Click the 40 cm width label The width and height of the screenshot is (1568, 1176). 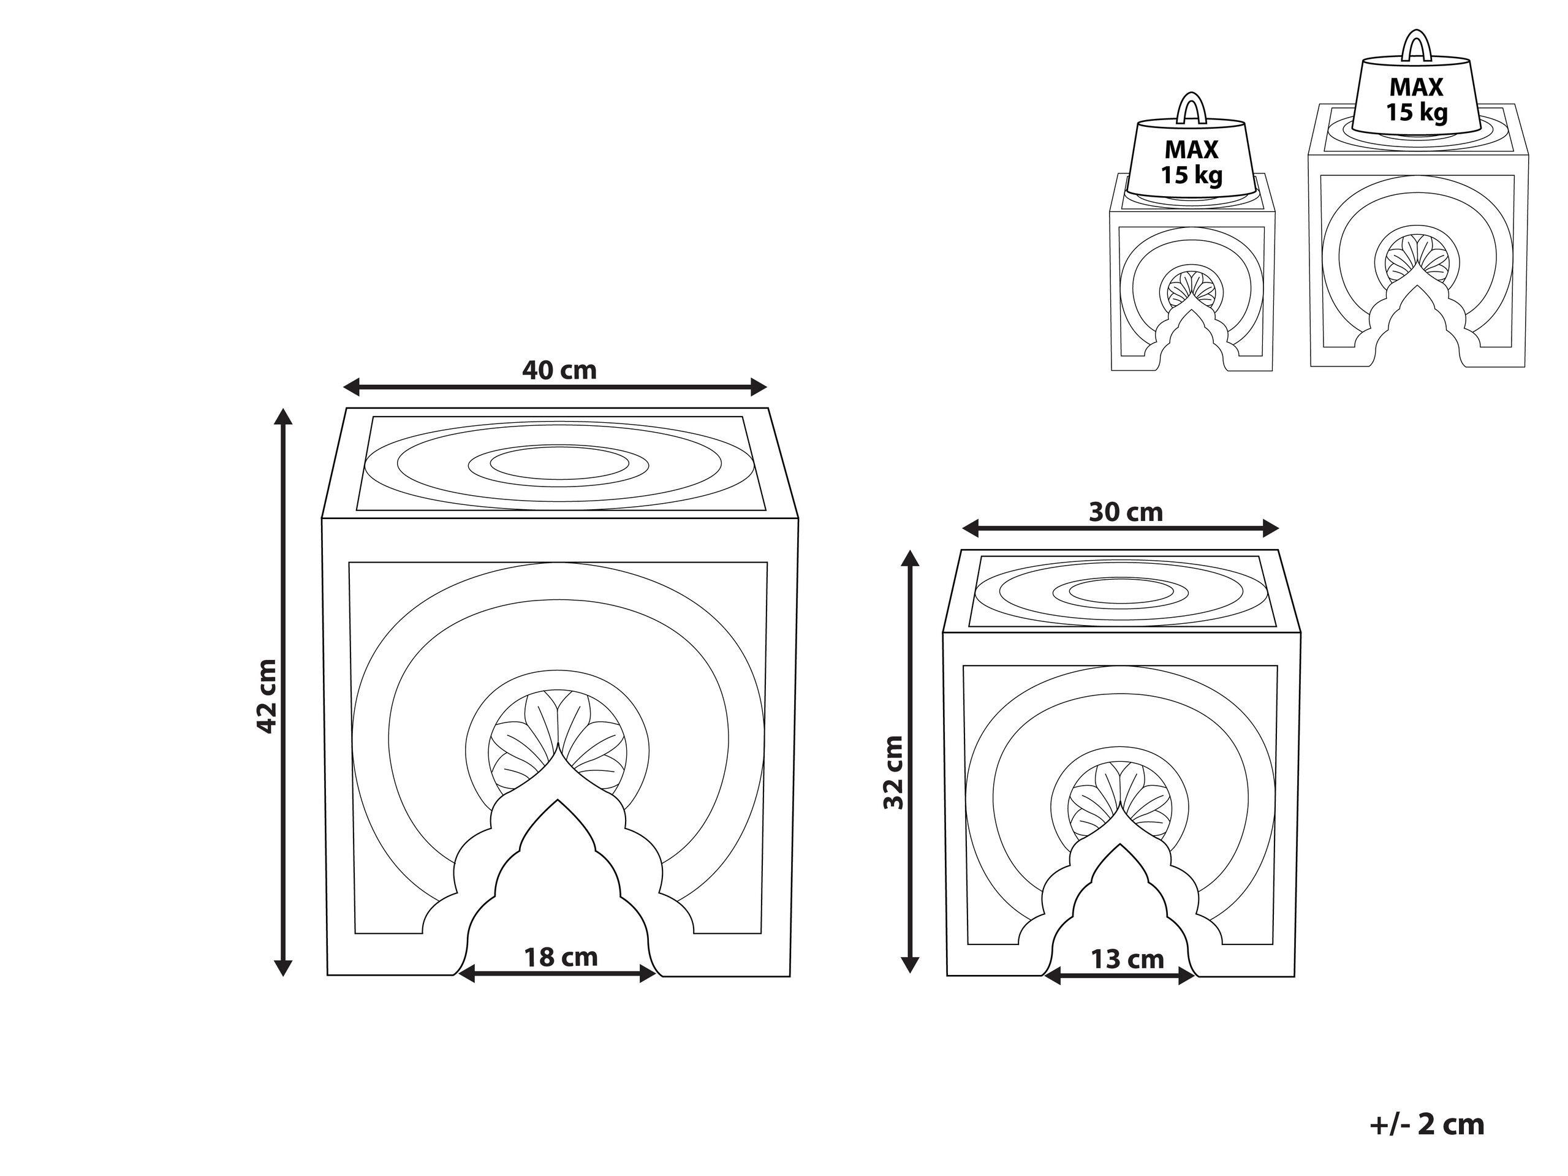click(559, 370)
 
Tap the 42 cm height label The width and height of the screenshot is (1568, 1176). click(267, 696)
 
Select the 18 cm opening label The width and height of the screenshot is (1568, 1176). click(561, 957)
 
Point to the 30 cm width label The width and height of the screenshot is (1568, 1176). click(1126, 512)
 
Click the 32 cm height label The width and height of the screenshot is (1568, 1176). click(894, 772)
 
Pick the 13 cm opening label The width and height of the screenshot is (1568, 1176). click(1127, 959)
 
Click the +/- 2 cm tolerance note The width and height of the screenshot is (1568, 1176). click(1427, 1125)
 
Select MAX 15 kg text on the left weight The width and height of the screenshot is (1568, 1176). click(1192, 162)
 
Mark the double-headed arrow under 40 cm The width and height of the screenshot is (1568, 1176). click(555, 387)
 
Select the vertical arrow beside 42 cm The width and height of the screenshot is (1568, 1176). click(284, 692)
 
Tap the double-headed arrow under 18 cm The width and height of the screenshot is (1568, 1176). click(557, 974)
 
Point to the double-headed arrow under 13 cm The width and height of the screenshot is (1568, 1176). click(1119, 977)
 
